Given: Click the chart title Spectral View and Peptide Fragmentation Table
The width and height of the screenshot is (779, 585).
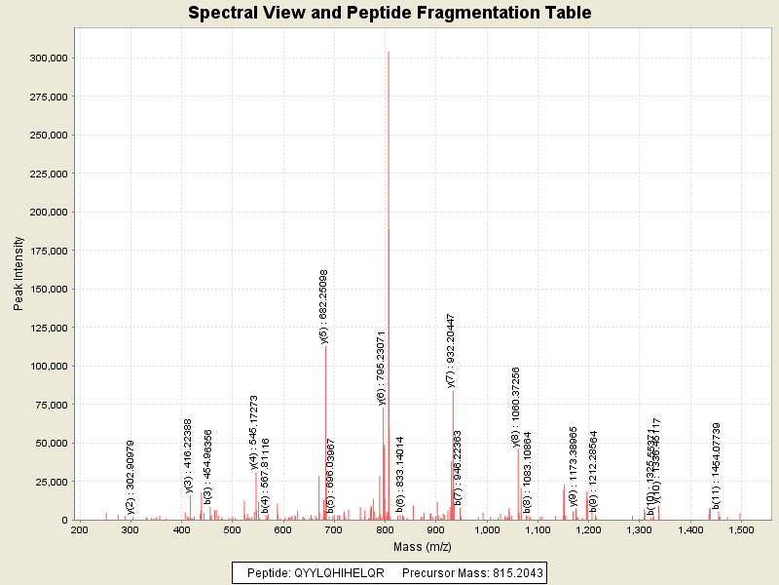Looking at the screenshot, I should pyautogui.click(x=389, y=13).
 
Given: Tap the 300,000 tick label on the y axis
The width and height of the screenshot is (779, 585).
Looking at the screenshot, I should pyautogui.click(x=48, y=58).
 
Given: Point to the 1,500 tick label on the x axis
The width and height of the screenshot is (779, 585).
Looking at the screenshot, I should pyautogui.click(x=741, y=529).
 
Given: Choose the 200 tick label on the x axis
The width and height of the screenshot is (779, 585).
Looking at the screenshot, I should pyautogui.click(x=80, y=529).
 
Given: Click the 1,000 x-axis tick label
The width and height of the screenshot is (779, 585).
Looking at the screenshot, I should pyautogui.click(x=487, y=529).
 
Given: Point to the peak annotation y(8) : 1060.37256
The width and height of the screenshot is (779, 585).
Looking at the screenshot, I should pyautogui.click(x=516, y=407).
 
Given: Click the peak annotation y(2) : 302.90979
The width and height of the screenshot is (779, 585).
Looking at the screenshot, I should pyautogui.click(x=130, y=477).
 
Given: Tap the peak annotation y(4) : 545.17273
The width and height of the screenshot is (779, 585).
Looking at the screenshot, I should pyautogui.click(x=254, y=432).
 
